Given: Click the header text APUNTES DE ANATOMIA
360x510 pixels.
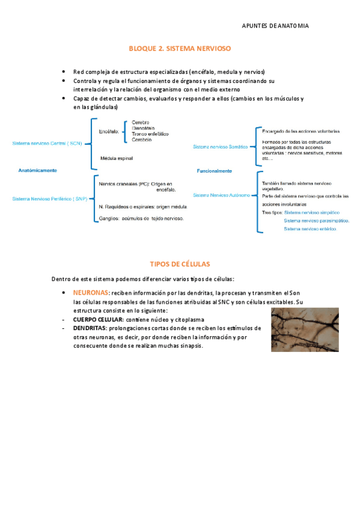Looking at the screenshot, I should tap(275, 26).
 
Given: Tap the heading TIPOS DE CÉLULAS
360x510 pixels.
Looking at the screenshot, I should tap(180, 264).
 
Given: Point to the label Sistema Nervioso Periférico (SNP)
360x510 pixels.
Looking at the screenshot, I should tap(49, 198).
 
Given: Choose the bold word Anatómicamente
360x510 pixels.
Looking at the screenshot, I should tap(38, 171).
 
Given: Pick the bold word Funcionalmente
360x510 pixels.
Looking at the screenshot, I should tap(215, 171).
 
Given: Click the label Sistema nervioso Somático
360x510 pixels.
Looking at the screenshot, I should tap(220, 146).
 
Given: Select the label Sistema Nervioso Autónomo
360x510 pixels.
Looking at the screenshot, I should tap(221, 195).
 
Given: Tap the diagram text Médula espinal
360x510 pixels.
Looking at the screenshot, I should tap(117, 158).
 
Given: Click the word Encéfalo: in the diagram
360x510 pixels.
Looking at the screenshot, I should tap(109, 129).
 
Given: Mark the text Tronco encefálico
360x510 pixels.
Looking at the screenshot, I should tap(150, 134).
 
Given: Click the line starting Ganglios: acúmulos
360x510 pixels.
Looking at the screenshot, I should tap(141, 219).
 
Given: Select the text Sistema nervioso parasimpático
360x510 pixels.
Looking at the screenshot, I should tap(317, 220).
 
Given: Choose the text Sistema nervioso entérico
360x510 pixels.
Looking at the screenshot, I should tap(310, 229).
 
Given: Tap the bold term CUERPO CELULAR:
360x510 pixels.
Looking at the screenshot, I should tap(98, 319).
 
